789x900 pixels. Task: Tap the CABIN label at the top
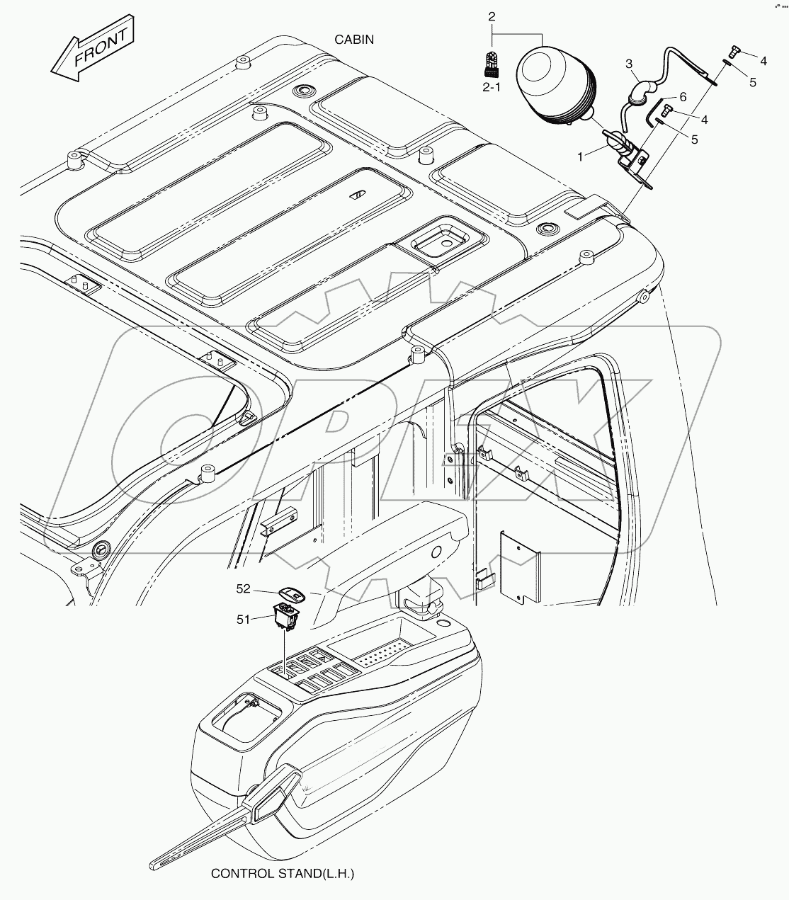354,40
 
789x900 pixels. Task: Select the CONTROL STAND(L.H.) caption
282,874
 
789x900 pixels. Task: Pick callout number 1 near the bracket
580,156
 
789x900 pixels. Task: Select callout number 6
683,96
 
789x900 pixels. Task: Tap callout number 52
243,588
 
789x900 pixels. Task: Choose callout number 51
243,619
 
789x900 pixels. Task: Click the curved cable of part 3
641,93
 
